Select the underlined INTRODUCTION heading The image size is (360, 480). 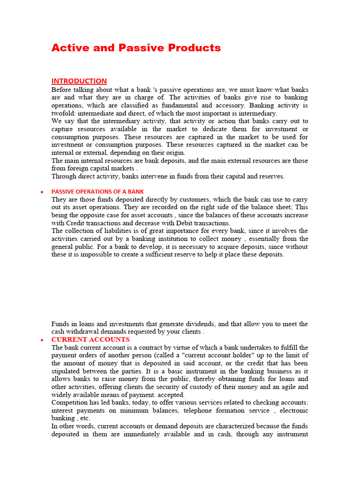point(79,81)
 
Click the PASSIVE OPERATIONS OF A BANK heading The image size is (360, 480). point(97,191)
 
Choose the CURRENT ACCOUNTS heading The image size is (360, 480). point(90,339)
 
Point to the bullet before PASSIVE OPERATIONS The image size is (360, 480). point(42,192)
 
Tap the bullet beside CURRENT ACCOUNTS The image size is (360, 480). point(42,340)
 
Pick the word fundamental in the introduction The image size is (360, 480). point(179,105)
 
